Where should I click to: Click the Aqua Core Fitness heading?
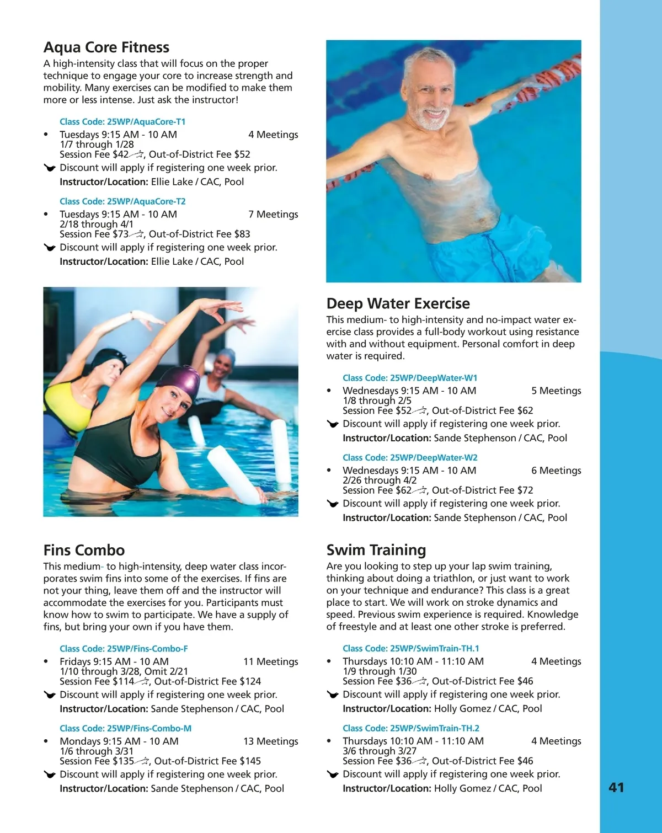(106, 47)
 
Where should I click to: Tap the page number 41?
(616, 788)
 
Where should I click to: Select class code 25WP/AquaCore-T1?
(122, 122)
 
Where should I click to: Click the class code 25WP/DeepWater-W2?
(410, 458)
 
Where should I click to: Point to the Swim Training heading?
(376, 550)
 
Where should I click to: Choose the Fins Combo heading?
(84, 550)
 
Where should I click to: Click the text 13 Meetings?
(270, 741)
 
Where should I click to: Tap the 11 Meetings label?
(270, 661)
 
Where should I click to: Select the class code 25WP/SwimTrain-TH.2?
(411, 728)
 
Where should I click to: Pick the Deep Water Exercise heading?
(398, 303)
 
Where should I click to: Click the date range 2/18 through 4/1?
(97, 225)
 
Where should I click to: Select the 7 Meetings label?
(273, 215)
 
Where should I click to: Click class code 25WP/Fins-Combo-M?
(125, 729)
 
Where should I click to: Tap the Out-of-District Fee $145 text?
(207, 761)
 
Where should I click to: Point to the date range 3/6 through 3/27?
(380, 751)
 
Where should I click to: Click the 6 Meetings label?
(556, 471)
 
